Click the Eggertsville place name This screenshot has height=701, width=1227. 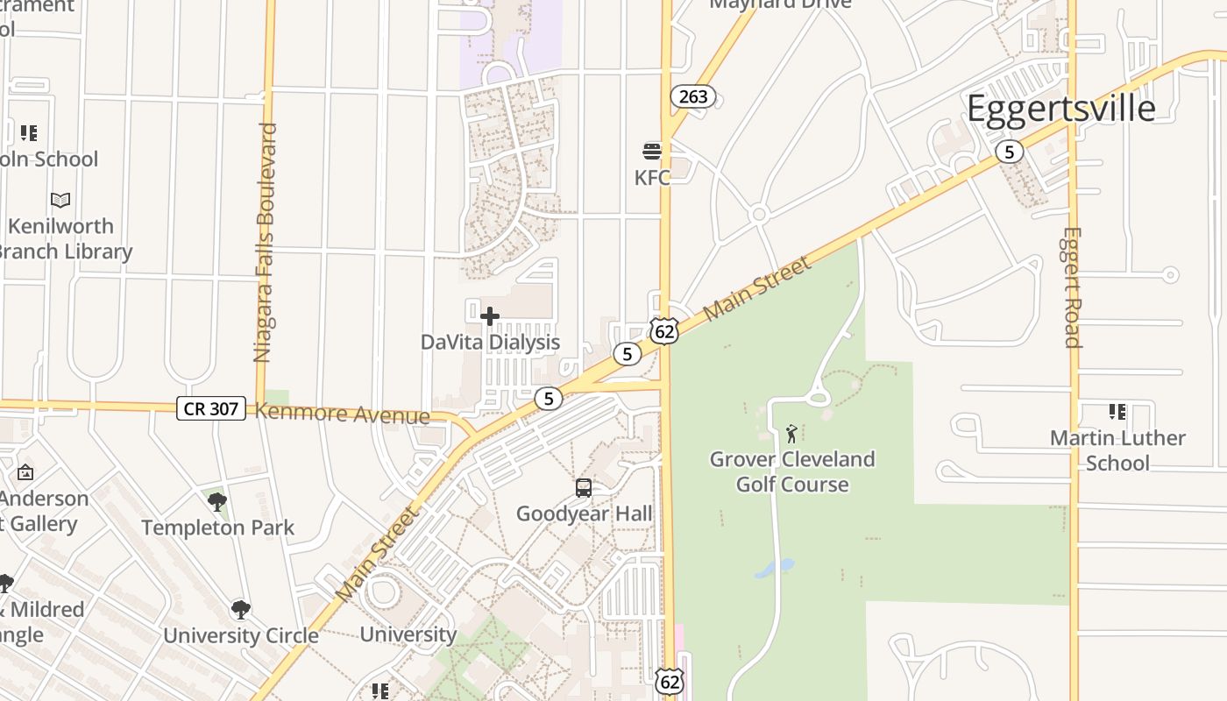1060,108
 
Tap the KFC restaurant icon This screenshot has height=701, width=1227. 651,152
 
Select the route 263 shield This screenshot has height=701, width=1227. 692,96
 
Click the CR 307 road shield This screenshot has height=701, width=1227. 210,407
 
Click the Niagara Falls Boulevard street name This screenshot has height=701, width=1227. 265,243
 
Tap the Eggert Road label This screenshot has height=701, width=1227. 1071,287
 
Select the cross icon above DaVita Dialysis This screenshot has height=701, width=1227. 490,316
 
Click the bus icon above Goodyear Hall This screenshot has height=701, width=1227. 584,488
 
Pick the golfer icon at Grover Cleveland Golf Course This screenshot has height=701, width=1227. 791,433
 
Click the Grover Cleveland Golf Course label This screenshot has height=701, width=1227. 792,471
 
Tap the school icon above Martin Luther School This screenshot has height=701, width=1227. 1117,411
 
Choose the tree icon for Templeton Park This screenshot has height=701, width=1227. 217,502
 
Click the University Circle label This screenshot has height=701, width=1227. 240,635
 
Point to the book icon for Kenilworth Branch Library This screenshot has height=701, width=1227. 60,201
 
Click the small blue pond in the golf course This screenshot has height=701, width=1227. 774,569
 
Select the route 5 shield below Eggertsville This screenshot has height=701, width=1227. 1009,152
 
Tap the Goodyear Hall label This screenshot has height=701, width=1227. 584,513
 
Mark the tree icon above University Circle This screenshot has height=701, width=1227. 240,610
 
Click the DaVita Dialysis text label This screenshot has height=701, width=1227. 490,342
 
